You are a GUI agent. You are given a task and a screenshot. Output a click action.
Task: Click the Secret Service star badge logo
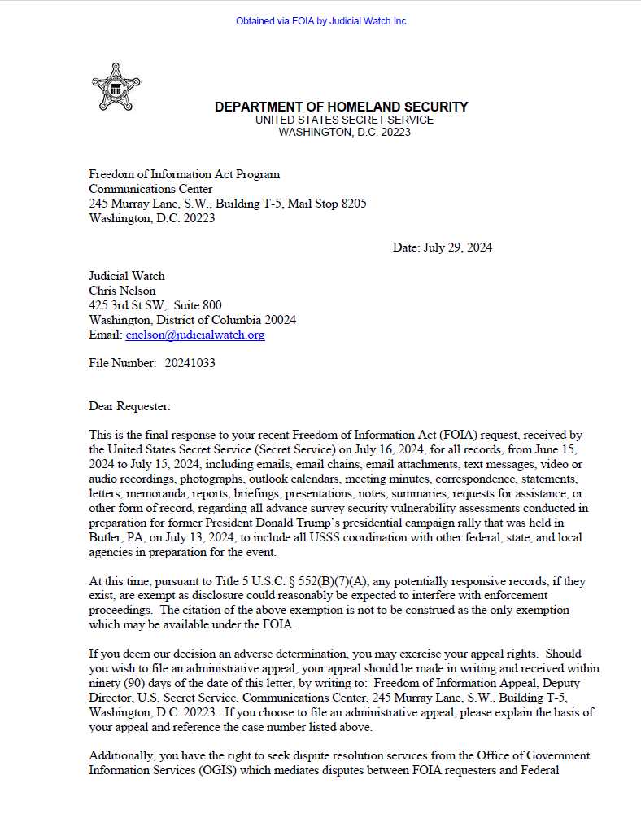[116, 87]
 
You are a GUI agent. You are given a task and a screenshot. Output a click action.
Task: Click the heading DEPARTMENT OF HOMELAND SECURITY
[341, 107]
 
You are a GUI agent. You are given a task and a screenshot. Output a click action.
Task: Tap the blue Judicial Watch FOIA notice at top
[321, 21]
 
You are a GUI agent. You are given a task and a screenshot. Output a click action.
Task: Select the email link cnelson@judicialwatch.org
[194, 335]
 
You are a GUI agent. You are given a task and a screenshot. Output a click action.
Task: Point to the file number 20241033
[190, 363]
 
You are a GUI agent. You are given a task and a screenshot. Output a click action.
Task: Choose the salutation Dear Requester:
[130, 405]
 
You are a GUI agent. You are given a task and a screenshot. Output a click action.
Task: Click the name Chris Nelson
[122, 291]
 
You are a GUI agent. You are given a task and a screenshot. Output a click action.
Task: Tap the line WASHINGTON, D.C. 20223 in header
[344, 132]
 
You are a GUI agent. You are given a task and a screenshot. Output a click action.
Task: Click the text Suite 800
[198, 305]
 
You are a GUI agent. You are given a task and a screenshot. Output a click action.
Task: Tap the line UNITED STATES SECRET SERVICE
[344, 120]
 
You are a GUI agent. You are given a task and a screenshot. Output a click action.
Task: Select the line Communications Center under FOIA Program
[150, 189]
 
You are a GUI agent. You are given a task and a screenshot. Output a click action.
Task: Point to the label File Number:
[122, 363]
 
